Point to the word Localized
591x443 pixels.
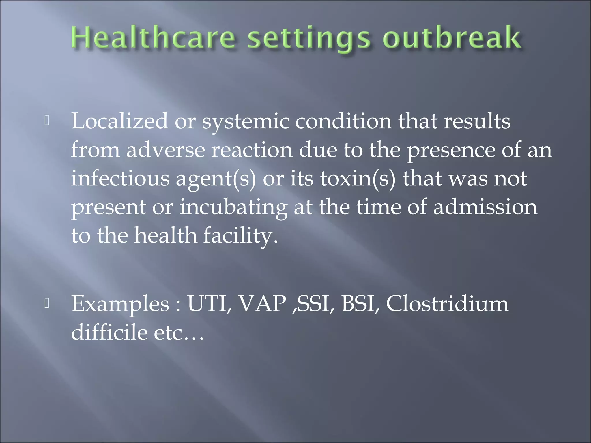point(119,121)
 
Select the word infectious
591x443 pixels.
point(120,178)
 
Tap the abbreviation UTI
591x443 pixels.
point(209,304)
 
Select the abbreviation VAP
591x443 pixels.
point(263,304)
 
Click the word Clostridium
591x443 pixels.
point(448,304)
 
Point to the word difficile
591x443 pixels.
point(109,332)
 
